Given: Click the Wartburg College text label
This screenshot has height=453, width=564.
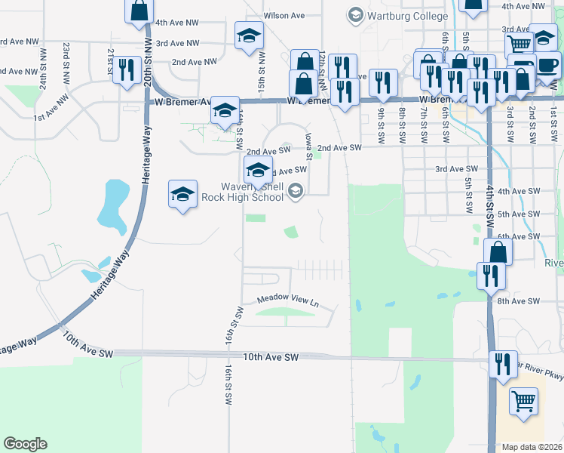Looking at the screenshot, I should pos(398,14).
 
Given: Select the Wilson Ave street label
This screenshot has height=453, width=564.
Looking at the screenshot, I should pos(284,16).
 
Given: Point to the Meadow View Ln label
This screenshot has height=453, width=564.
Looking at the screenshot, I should pos(289,300).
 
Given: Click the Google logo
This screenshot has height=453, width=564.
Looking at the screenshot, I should pos(25,444).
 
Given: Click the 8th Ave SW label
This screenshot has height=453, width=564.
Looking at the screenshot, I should pos(518,300).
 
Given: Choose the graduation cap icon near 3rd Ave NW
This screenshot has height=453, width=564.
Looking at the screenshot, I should pos(249,35).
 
